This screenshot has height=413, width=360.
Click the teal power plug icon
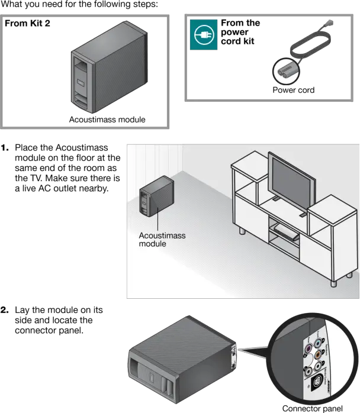tap(203, 35)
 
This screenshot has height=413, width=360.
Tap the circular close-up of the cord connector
tap(286, 71)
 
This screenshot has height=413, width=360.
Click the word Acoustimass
tap(162, 235)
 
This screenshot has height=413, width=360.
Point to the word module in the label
tap(152, 244)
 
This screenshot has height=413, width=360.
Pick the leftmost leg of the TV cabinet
tap(242, 230)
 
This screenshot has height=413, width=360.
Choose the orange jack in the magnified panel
tap(320, 355)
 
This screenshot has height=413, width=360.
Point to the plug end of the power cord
tap(330, 23)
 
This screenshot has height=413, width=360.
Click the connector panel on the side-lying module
tap(235, 355)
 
